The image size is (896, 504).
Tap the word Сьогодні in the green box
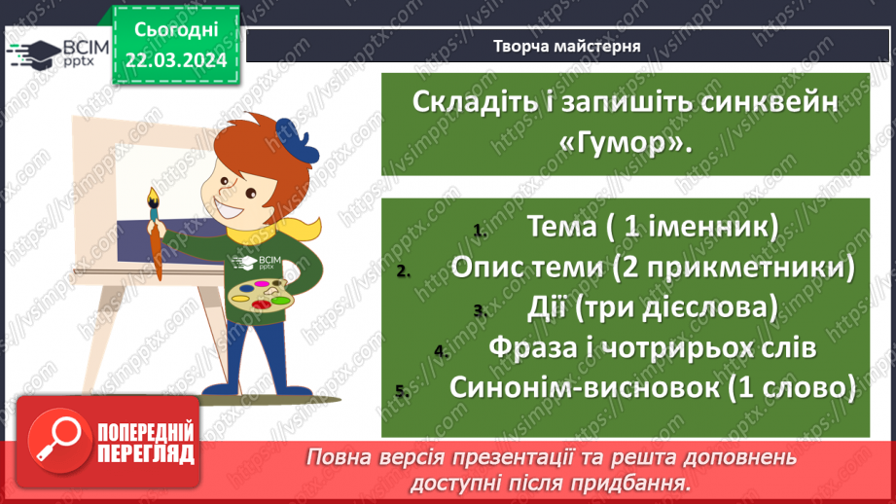click(175, 30)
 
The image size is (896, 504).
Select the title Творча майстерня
click(567, 46)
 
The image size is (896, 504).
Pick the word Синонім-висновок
click(586, 386)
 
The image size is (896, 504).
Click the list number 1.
click(478, 232)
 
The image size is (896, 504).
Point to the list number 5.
click(400, 391)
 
